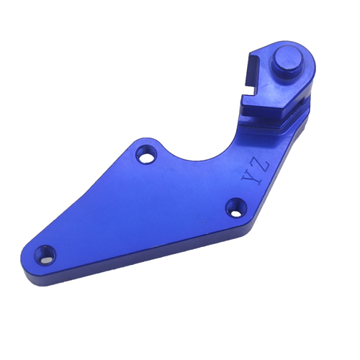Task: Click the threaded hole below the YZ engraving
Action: pos(237,207)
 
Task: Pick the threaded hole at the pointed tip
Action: pos(45,255)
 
